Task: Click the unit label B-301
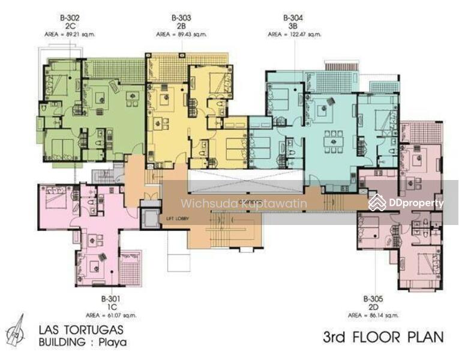[x=111, y=298]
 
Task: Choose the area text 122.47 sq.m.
[x=303, y=35]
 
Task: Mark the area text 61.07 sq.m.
[x=119, y=314]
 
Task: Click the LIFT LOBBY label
[x=178, y=218]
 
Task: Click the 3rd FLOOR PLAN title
[x=383, y=337]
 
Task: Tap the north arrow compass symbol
[x=16, y=331]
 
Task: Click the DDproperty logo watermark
[x=407, y=203]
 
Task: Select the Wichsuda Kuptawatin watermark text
[x=244, y=203]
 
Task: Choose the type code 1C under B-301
[x=111, y=306]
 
